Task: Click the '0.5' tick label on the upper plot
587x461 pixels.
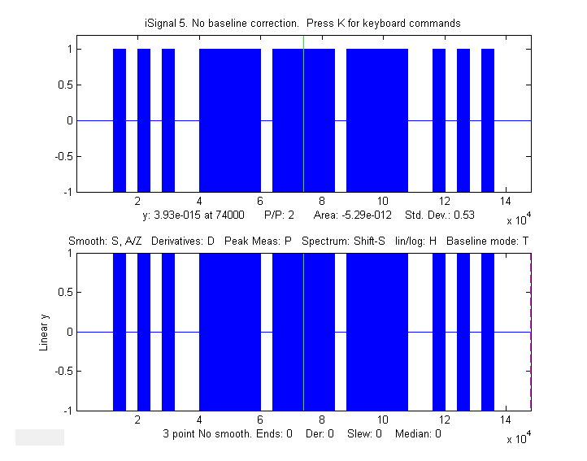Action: [63, 85]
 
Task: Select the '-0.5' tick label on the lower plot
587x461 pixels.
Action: [61, 372]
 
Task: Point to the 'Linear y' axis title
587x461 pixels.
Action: [45, 332]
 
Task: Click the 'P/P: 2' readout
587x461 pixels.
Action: [279, 215]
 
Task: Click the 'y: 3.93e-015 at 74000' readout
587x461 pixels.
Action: [194, 215]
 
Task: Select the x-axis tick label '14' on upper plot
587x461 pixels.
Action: [506, 202]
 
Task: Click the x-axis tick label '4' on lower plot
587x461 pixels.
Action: [199, 420]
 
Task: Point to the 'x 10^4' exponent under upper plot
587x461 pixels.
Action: [515, 220]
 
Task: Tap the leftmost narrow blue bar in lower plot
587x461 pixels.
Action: [120, 332]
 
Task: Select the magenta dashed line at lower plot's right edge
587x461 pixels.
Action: [531, 332]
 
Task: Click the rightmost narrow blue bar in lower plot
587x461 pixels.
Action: [488, 332]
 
